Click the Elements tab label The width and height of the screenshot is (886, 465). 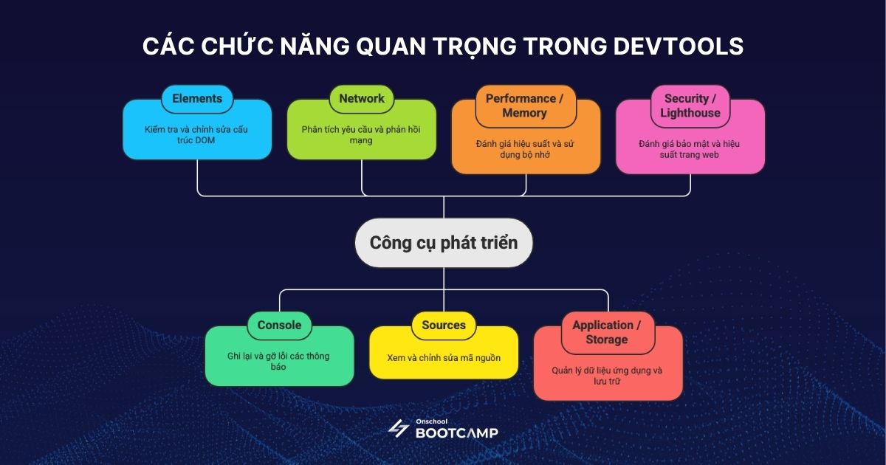click(197, 98)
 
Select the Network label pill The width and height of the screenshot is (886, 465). click(362, 99)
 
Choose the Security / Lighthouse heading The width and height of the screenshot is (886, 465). click(690, 106)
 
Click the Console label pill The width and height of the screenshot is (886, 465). click(279, 325)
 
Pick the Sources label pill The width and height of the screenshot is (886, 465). click(444, 325)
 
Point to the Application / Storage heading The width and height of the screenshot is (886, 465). click(606, 332)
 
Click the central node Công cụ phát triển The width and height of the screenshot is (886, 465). click(444, 243)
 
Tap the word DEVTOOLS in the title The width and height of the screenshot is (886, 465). click(679, 46)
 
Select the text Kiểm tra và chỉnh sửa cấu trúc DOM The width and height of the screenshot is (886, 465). click(196, 135)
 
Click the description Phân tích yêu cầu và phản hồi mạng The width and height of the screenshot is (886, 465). click(361, 135)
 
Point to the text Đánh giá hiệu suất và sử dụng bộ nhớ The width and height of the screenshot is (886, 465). click(525, 149)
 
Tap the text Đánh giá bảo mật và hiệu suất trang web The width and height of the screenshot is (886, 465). click(689, 149)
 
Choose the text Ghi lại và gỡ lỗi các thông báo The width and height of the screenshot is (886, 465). click(278, 362)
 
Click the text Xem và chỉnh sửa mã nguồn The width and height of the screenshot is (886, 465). click(444, 358)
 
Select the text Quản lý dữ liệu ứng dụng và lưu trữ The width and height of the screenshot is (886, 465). click(607, 376)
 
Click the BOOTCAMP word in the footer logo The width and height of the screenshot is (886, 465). click(457, 433)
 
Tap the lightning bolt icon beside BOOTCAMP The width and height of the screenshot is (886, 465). click(398, 429)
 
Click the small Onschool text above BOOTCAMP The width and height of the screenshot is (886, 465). click(431, 421)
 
